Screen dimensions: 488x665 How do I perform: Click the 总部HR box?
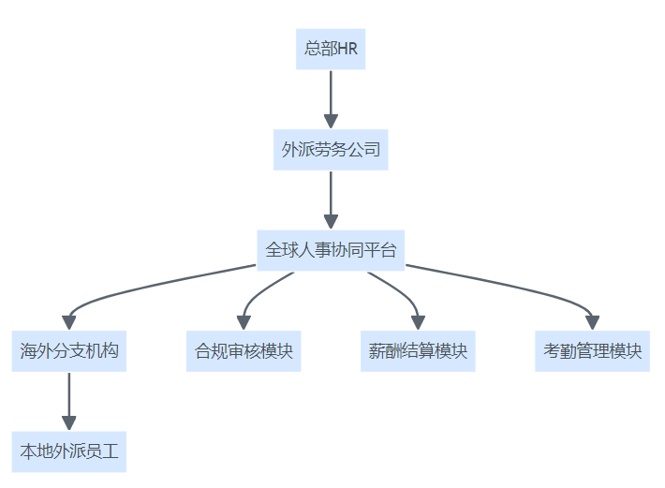[x=330, y=49]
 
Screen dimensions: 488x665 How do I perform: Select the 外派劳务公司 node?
[x=330, y=149]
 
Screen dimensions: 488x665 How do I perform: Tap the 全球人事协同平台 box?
[x=330, y=250]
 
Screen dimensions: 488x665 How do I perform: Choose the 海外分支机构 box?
[x=69, y=351]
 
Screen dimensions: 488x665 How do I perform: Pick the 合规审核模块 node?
[x=244, y=351]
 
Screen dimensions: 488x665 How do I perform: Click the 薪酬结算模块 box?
[x=418, y=351]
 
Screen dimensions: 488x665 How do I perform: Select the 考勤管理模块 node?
[x=592, y=351]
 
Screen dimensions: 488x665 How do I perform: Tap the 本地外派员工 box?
[x=69, y=451]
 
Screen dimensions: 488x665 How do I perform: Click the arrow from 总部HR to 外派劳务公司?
[x=330, y=94]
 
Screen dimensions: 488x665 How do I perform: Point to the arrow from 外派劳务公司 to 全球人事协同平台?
[x=330, y=195]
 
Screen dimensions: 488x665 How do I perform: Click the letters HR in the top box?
[x=347, y=49]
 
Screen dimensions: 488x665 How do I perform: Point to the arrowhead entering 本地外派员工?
[x=69, y=423]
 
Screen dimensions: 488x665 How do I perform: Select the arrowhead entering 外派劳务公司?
[x=330, y=121]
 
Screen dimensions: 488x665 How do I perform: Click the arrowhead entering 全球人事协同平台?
[x=330, y=222]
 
